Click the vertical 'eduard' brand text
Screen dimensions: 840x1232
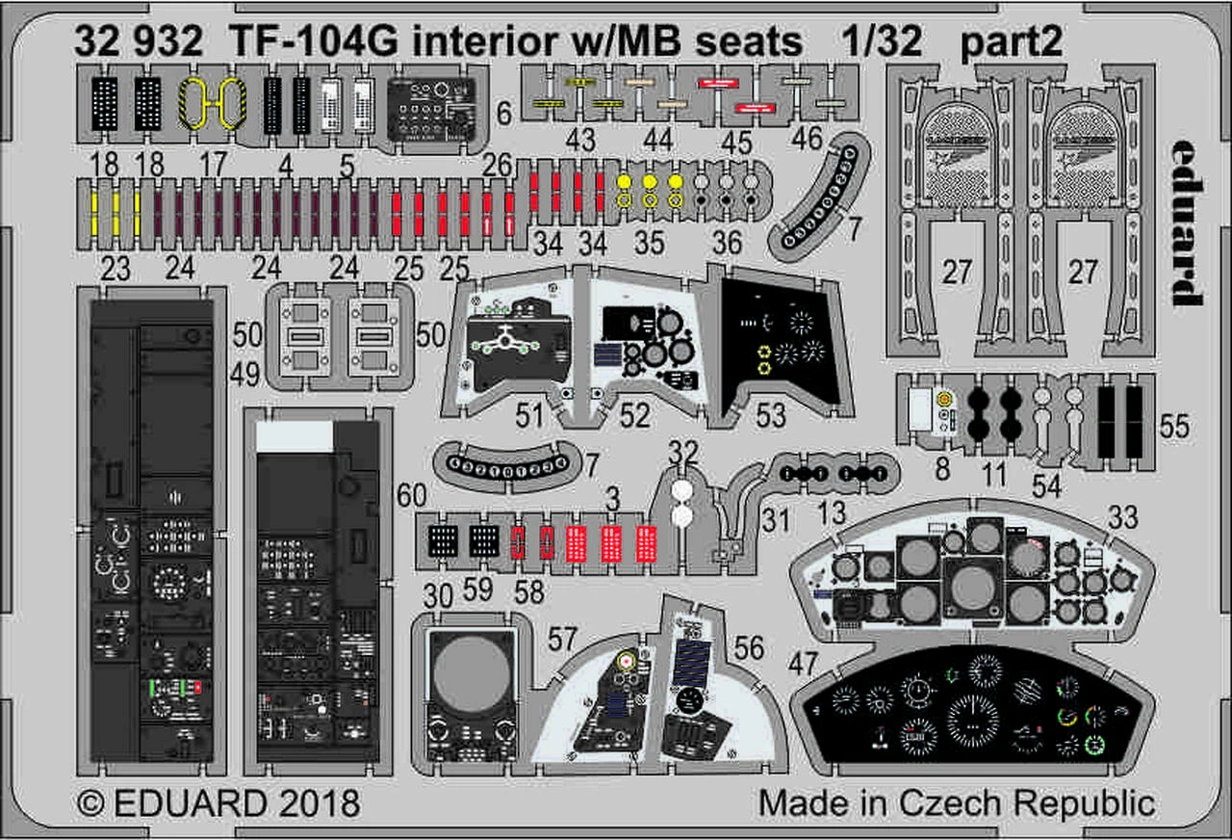pyautogui.click(x=1189, y=223)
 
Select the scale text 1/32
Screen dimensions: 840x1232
pyautogui.click(x=878, y=41)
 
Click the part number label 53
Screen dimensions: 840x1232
pyautogui.click(x=771, y=415)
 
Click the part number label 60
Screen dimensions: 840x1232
pyautogui.click(x=412, y=497)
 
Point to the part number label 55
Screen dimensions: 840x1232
pyautogui.click(x=1174, y=428)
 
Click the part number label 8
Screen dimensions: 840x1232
pyautogui.click(x=942, y=471)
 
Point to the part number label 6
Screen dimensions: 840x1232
pyautogui.click(x=504, y=116)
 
